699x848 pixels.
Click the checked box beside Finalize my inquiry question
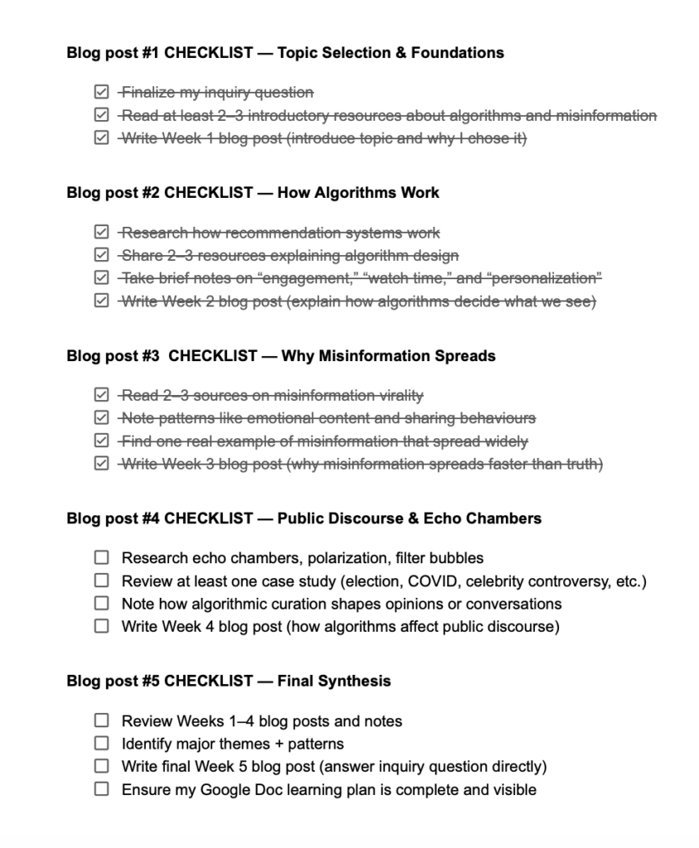click(x=101, y=93)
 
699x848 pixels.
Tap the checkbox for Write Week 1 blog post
click(x=101, y=138)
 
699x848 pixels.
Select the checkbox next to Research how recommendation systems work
click(x=101, y=233)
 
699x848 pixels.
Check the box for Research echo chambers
click(x=101, y=557)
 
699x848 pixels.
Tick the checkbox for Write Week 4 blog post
click(x=101, y=626)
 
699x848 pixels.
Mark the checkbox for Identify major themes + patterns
click(x=101, y=744)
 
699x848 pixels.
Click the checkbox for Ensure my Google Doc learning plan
click(x=101, y=789)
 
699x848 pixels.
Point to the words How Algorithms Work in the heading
click(x=358, y=193)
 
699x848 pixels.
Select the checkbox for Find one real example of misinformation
click(x=101, y=441)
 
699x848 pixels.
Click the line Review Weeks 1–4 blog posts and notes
click(x=261, y=721)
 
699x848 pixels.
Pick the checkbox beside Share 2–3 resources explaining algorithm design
click(x=101, y=256)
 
